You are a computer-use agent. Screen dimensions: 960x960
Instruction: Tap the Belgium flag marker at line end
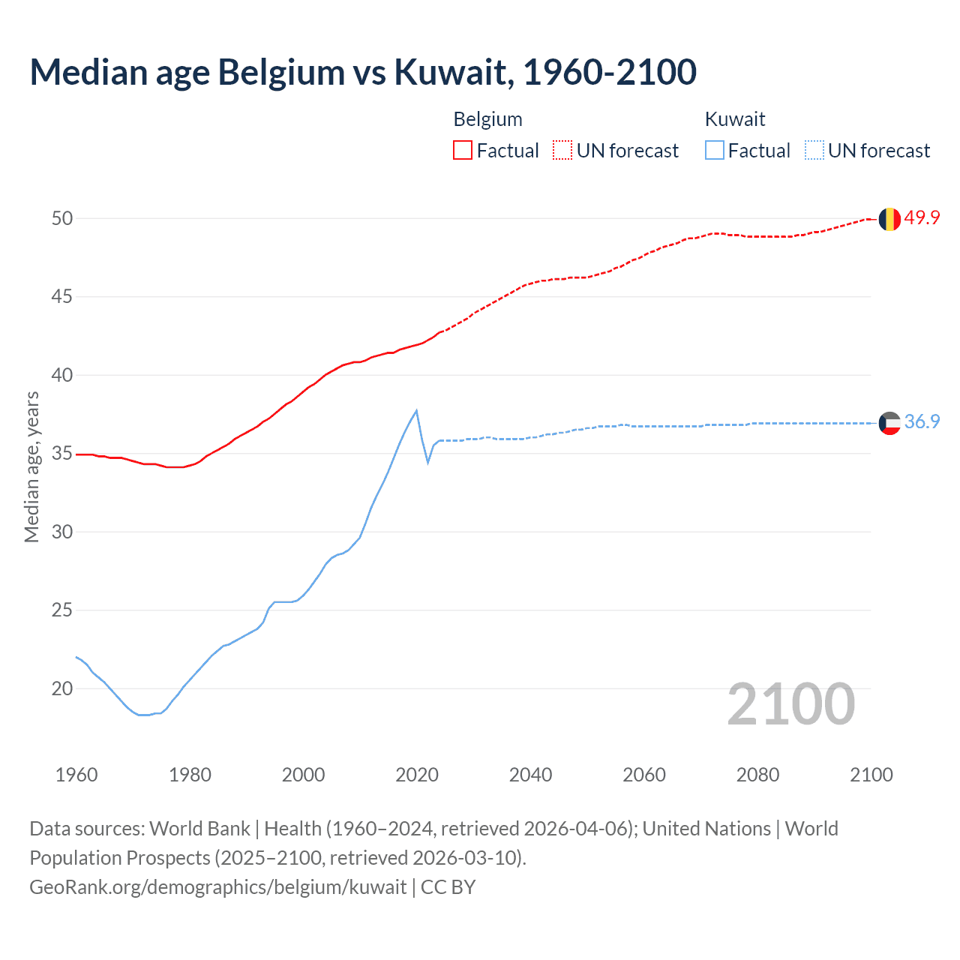click(x=889, y=219)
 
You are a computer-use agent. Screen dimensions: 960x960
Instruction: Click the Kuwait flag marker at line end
click(x=889, y=423)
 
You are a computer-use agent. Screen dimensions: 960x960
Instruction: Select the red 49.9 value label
click(x=922, y=218)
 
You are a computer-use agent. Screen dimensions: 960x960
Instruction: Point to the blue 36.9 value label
click(x=922, y=422)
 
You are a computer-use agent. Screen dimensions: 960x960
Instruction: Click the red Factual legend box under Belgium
click(x=463, y=151)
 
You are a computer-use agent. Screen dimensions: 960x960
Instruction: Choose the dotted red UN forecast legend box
click(x=562, y=151)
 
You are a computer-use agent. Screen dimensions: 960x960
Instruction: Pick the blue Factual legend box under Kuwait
click(x=715, y=151)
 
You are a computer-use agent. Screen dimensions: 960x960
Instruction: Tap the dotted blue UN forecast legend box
click(x=814, y=151)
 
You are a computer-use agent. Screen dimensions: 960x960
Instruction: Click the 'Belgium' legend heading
click(x=487, y=119)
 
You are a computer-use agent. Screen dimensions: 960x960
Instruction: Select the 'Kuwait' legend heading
click(x=735, y=119)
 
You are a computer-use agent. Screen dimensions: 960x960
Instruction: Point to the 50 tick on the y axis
click(x=62, y=218)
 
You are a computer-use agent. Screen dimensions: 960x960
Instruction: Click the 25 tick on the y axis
click(x=62, y=610)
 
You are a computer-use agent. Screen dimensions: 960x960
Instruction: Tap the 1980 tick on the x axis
click(x=190, y=775)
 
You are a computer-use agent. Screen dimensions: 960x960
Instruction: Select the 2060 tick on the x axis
click(x=643, y=775)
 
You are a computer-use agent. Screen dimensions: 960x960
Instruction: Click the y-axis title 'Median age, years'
click(x=31, y=466)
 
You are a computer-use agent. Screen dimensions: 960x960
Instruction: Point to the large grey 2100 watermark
click(x=790, y=703)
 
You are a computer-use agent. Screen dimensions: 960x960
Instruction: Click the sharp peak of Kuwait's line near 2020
click(x=416, y=410)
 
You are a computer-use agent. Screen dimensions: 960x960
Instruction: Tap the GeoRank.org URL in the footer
click(x=217, y=887)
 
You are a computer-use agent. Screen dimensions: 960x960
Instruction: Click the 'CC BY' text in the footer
click(x=448, y=887)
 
